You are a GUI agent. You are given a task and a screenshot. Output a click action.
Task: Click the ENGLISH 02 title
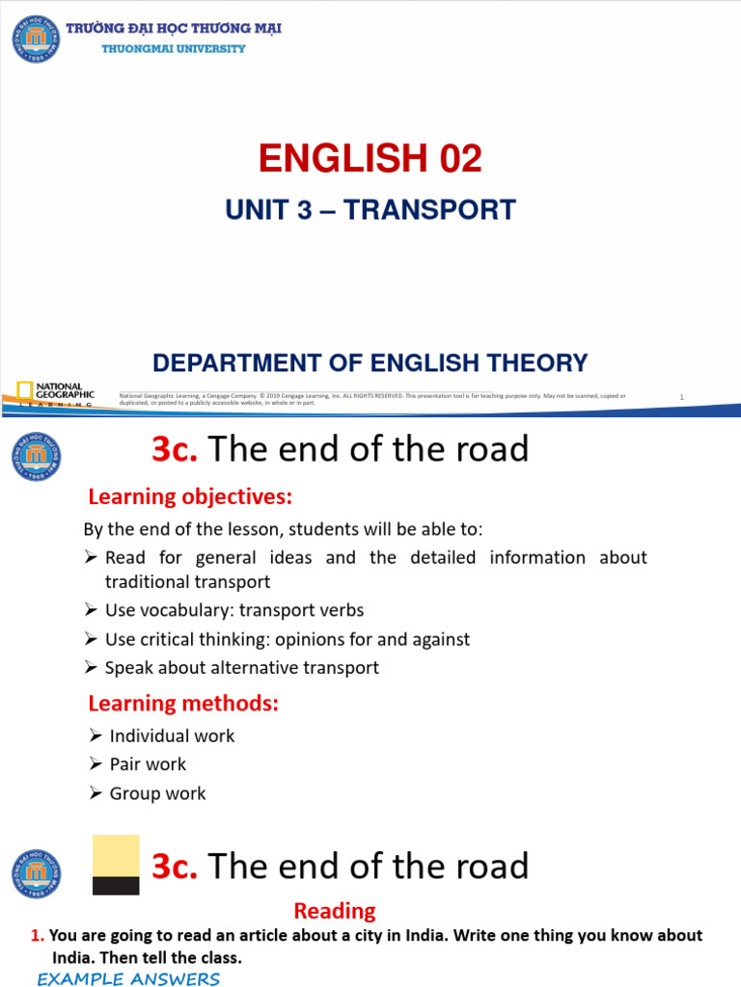pos(370,158)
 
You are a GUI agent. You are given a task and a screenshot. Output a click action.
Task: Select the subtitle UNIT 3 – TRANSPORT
pos(370,210)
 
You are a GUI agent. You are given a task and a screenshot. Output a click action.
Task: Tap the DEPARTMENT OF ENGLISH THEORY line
pos(370,363)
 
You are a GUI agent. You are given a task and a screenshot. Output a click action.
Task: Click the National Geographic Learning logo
pos(55,393)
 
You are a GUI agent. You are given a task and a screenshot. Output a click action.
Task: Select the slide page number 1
pos(681,397)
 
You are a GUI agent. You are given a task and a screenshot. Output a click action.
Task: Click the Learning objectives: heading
pos(189,497)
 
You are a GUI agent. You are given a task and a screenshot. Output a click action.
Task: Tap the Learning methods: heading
pos(183,704)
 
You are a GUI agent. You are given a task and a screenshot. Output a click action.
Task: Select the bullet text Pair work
pos(148,764)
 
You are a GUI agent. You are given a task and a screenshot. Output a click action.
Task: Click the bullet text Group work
pos(157,794)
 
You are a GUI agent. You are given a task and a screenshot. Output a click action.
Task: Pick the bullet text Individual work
pos(172,735)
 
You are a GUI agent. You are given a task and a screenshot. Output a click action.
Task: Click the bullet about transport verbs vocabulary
pos(233,610)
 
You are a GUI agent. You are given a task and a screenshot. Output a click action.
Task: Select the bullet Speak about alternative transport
pos(241,668)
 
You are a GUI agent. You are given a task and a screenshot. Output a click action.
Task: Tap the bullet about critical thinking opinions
pos(287,639)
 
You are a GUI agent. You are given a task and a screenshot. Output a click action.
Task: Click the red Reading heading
pos(335,910)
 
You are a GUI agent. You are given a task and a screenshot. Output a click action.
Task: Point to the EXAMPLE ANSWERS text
pos(128,979)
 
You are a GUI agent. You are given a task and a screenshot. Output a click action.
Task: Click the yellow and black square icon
pos(116,865)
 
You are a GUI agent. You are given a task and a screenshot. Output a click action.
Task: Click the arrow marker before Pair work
pos(95,764)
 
